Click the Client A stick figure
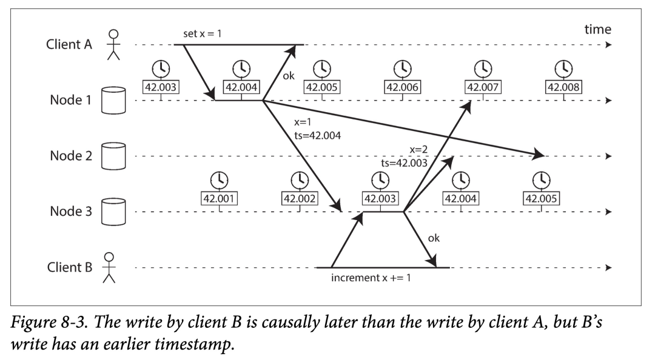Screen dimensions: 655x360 [x=113, y=44]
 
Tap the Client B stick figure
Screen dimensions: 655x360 [x=109, y=267]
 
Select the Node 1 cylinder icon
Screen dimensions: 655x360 [x=113, y=100]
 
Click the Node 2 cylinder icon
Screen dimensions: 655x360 [x=113, y=156]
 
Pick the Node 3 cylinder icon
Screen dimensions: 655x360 [x=113, y=212]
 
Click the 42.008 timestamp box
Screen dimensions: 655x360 [x=563, y=87]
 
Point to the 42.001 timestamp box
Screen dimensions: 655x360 [x=220, y=198]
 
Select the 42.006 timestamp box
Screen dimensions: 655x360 [x=402, y=87]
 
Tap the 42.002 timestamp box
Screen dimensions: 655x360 [x=300, y=198]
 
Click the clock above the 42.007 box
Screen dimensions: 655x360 [x=483, y=68]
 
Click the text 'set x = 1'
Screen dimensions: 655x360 [x=202, y=33]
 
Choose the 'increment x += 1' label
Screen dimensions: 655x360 [x=371, y=278]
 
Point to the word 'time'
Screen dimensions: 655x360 [x=598, y=29]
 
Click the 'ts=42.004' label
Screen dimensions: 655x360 [x=317, y=135]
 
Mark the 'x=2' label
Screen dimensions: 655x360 [x=418, y=150]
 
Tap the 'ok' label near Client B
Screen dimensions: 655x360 [x=434, y=238]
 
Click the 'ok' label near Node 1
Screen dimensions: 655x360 [x=289, y=76]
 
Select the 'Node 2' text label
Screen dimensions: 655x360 [x=71, y=156]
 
